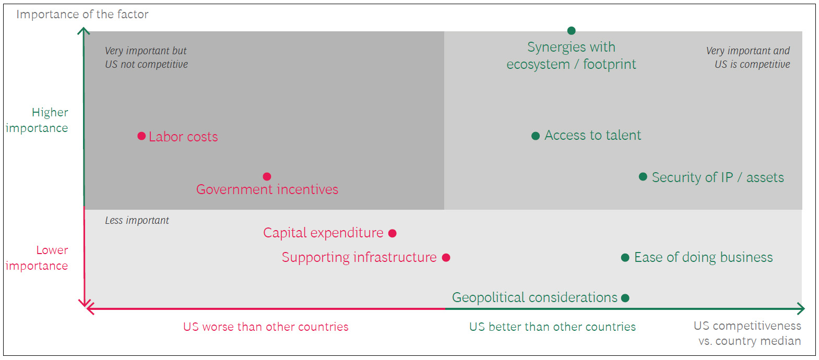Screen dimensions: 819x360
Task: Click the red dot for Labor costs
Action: pos(141,136)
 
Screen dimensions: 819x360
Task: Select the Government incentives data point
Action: pos(267,176)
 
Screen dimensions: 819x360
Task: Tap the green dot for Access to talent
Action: pos(535,136)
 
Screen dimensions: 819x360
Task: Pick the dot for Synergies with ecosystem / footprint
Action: pos(571,31)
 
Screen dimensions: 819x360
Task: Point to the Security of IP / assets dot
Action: pos(643,177)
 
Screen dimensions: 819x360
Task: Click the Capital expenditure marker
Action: pos(393,233)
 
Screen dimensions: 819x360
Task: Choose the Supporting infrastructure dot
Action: pos(446,258)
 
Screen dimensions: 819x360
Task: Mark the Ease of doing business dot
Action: pos(625,258)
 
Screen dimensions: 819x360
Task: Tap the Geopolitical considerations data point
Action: pos(625,298)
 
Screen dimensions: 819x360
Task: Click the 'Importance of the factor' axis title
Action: pos(82,14)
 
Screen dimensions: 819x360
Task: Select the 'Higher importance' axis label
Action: pos(37,120)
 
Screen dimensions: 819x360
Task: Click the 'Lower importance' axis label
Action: pos(37,258)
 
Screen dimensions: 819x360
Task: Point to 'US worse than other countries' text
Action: pos(266,327)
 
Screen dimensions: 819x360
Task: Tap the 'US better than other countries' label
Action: pos(552,327)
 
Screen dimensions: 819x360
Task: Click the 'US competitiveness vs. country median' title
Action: pos(747,333)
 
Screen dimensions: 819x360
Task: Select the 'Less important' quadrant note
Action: pos(137,220)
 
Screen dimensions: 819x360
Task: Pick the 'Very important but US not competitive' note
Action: pos(146,57)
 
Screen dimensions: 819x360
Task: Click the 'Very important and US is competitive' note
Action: pos(748,57)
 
